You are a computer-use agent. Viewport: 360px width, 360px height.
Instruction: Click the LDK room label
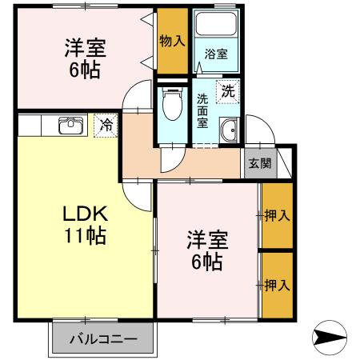(84, 214)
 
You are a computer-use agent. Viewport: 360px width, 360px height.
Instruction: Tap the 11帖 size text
(84, 236)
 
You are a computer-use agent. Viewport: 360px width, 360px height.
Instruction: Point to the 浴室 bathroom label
(215, 54)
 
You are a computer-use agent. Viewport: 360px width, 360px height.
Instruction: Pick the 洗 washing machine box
(229, 91)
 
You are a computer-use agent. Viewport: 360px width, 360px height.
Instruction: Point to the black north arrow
(330, 337)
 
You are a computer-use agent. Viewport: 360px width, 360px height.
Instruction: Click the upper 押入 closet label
(277, 216)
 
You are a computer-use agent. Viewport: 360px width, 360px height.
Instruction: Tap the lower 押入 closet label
(277, 285)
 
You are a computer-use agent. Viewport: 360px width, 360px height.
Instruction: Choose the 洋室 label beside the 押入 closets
(207, 239)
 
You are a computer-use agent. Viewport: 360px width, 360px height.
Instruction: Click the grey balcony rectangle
(101, 339)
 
